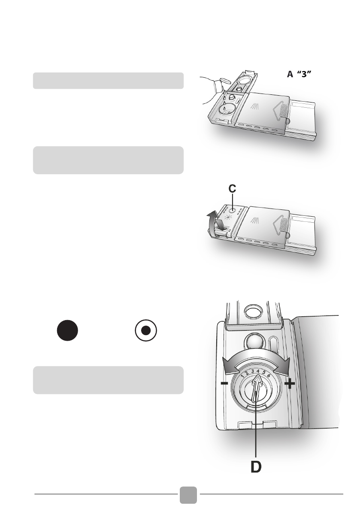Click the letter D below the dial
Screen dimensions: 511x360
coord(255,466)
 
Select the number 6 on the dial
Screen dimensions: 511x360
coord(269,375)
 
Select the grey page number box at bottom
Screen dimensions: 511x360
coord(188,495)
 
